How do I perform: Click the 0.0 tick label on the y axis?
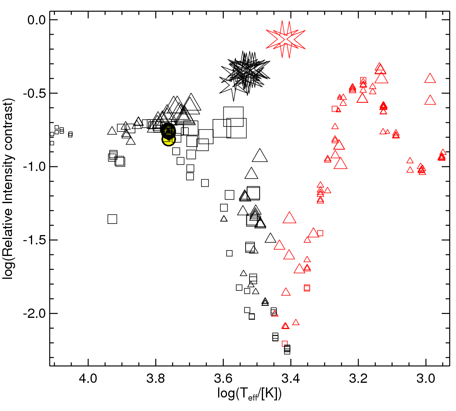pos(37,20)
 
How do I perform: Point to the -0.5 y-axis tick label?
pos(34,93)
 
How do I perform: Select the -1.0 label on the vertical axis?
pos(34,167)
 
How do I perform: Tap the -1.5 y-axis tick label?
pos(34,240)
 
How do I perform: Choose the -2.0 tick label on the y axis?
pos(34,314)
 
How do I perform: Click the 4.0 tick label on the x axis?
pos(88,379)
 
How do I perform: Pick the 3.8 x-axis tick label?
pos(155,379)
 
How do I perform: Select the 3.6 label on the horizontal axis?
pos(223,379)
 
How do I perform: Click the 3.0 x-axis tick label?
pos(426,379)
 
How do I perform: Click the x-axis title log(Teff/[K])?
pos(249,394)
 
